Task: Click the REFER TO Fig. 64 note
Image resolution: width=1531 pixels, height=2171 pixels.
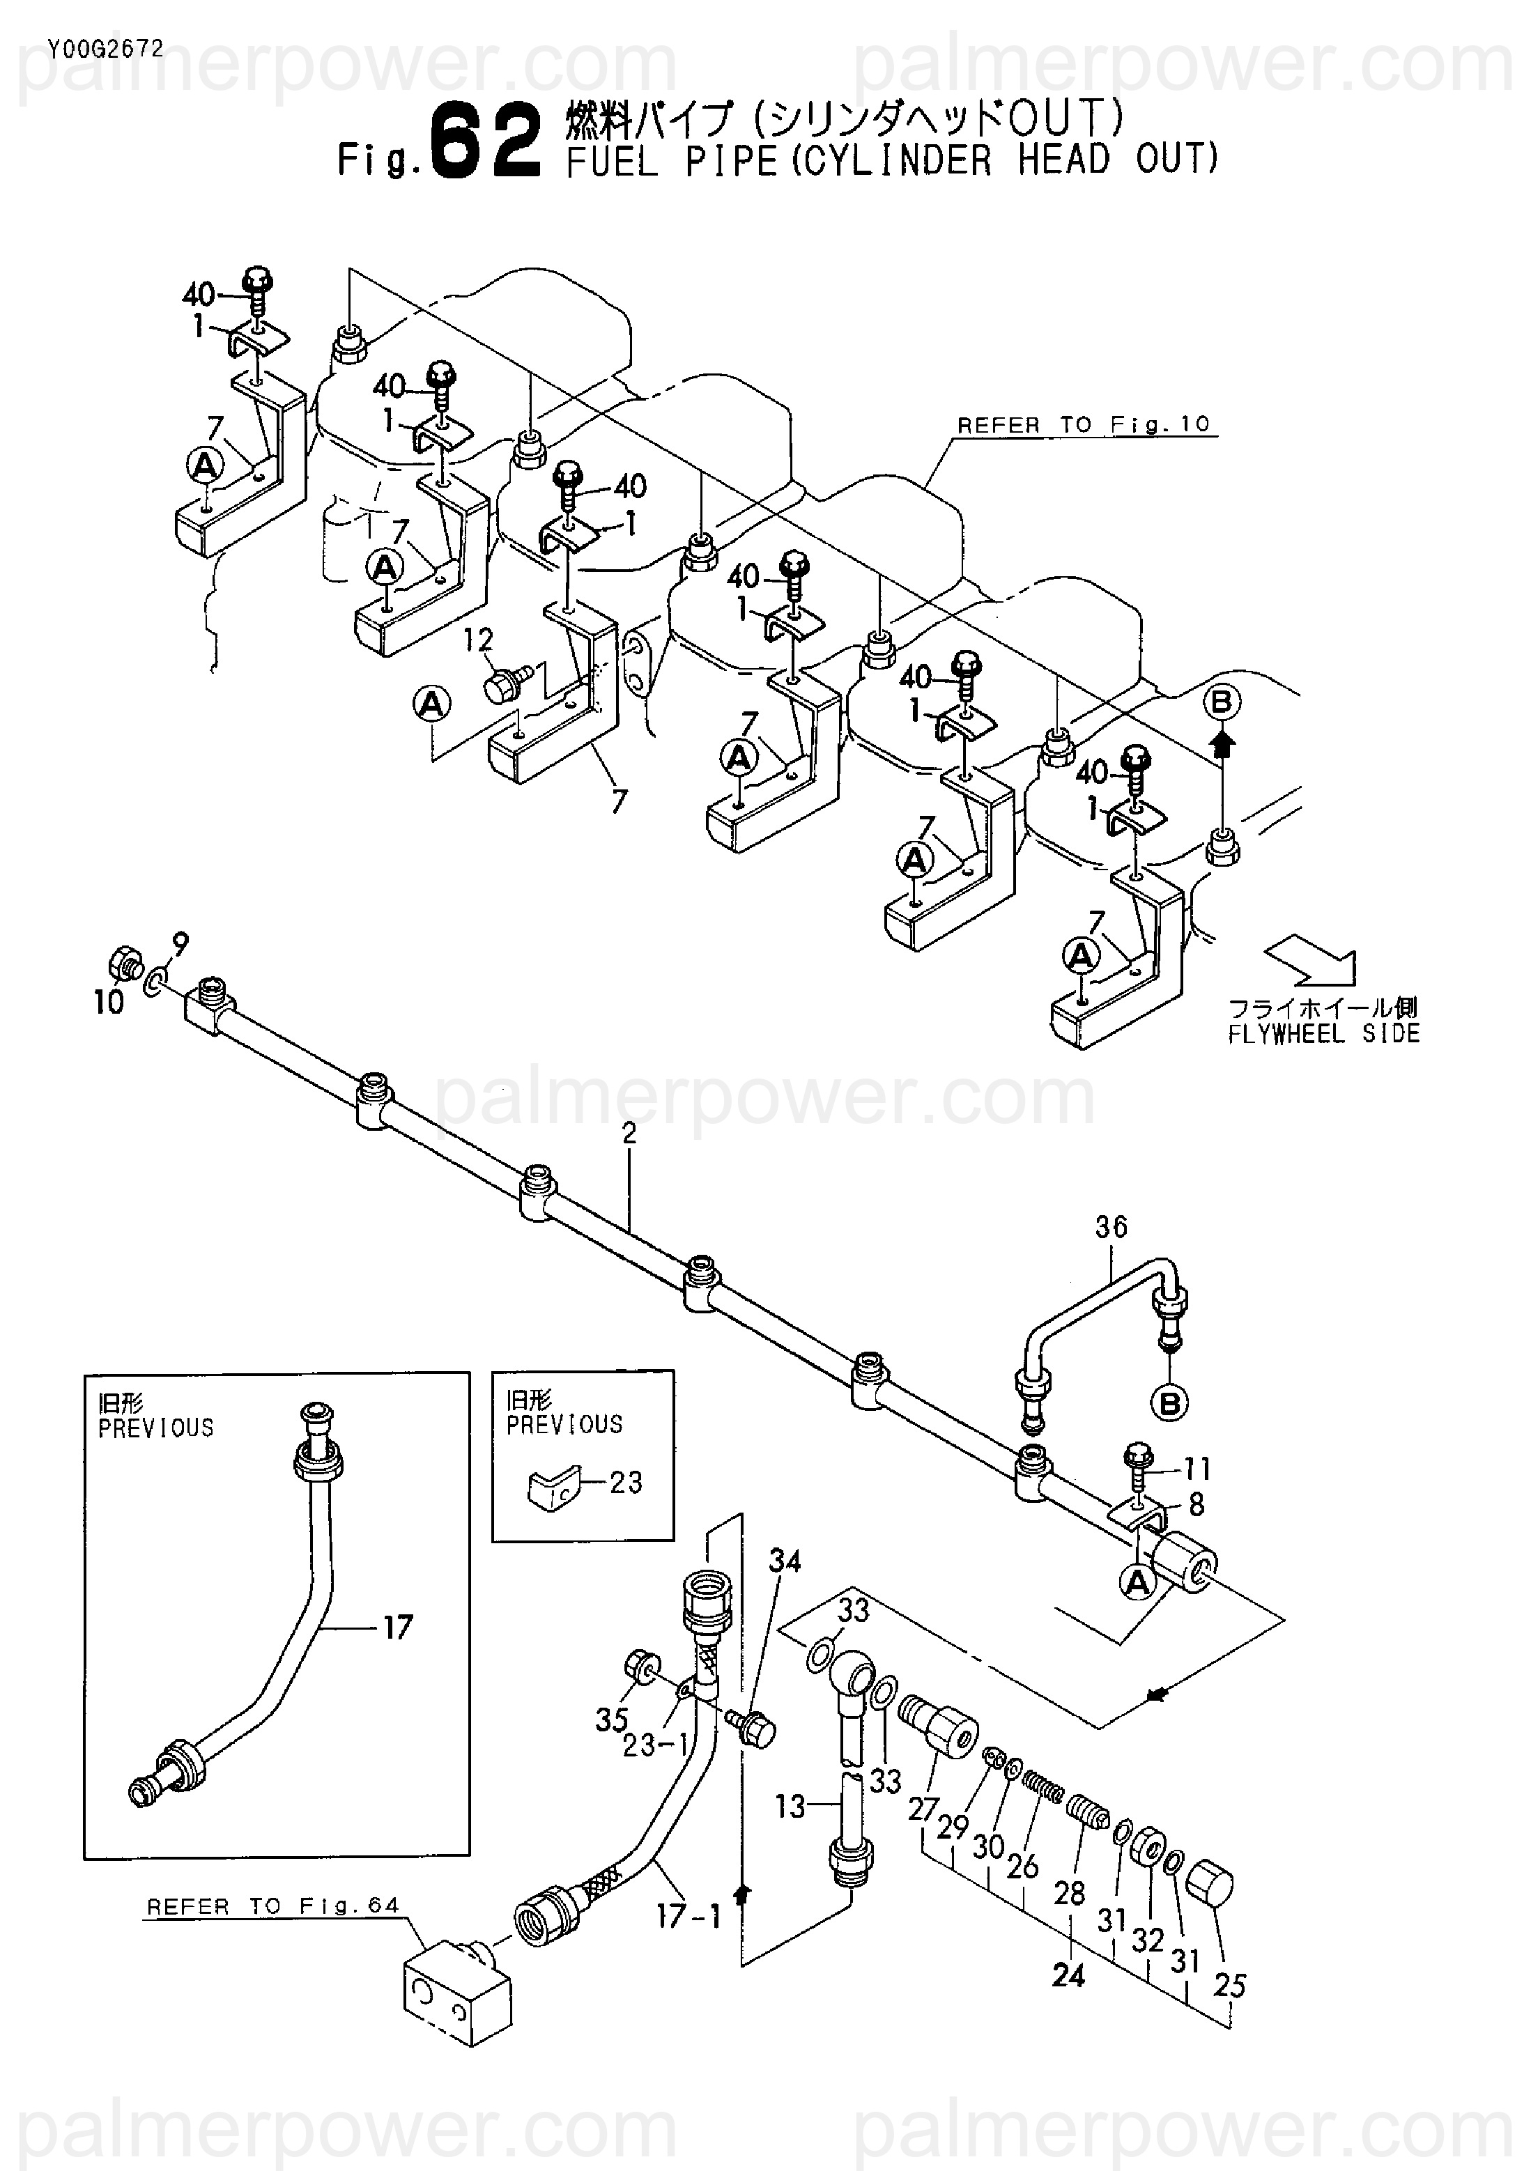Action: point(273,1906)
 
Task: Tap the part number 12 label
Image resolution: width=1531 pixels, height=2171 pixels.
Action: point(479,640)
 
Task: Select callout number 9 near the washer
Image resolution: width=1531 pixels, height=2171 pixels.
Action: point(180,943)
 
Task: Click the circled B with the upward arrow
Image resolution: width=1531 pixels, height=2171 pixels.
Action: point(1222,702)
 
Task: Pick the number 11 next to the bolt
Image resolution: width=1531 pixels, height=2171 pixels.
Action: point(1197,1469)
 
